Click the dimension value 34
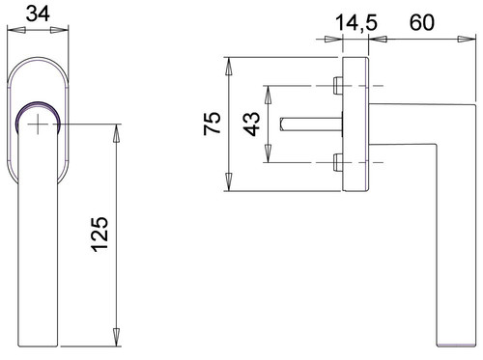click(x=38, y=14)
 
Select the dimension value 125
click(x=99, y=235)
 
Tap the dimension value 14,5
click(x=355, y=23)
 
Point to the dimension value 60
click(x=422, y=22)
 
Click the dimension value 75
click(x=213, y=123)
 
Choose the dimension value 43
click(x=251, y=125)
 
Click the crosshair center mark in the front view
click(x=38, y=124)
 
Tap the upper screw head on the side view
click(x=338, y=86)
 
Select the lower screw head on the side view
click(x=338, y=162)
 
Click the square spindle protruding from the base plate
click(x=311, y=125)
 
